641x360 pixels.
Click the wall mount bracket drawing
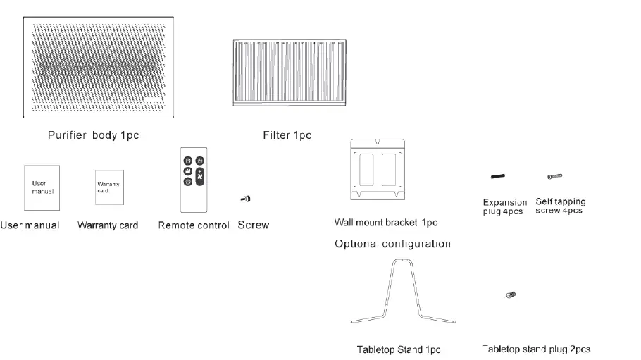[379, 170]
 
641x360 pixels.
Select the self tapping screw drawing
[555, 176]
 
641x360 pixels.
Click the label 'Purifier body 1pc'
[93, 135]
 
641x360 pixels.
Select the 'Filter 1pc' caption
[287, 135]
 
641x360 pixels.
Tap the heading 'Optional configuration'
[392, 244]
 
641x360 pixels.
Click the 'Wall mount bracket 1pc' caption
[386, 223]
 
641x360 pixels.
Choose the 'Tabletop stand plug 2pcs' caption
[536, 349]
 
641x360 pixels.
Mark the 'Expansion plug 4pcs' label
[504, 207]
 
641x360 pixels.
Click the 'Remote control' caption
[194, 225]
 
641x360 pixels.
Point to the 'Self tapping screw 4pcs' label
[560, 206]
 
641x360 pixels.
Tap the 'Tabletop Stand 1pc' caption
[399, 349]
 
